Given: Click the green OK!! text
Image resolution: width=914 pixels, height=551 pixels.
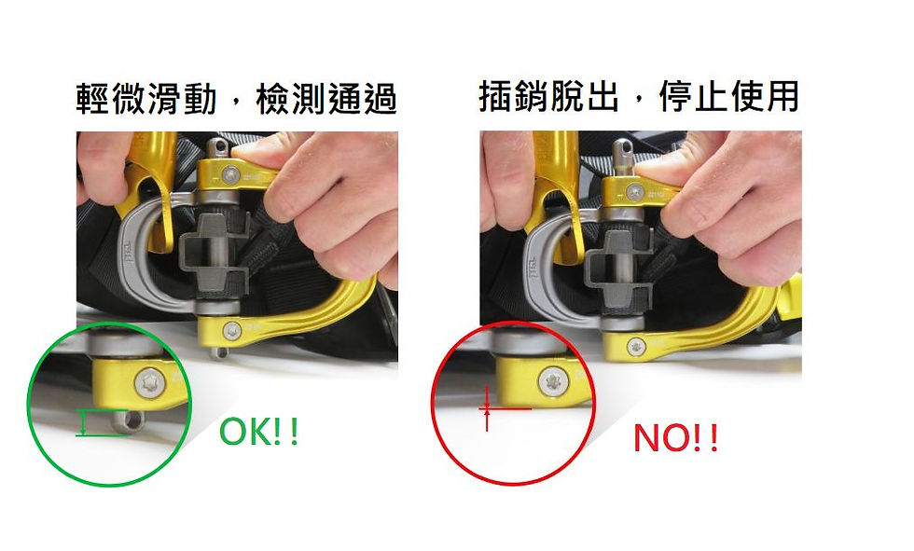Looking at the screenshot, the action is tap(259, 432).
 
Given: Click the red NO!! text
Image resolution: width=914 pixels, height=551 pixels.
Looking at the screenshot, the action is tap(675, 438).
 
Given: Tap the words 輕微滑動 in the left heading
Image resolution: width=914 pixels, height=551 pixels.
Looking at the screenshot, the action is tap(145, 99).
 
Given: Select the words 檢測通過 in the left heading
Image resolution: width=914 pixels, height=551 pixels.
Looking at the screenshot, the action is tap(326, 99).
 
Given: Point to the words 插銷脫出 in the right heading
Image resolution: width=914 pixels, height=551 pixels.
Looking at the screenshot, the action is tap(548, 96).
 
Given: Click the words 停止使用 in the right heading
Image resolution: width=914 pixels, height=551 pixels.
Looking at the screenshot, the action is tap(728, 96).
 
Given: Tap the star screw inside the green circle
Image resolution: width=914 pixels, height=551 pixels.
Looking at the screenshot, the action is tap(147, 384).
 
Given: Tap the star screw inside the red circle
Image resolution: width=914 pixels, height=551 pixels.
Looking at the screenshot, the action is tap(551, 381).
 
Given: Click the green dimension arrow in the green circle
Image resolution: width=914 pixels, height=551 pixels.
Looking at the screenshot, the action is tap(84, 422).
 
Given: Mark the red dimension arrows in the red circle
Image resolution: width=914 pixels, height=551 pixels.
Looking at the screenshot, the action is tap(487, 408).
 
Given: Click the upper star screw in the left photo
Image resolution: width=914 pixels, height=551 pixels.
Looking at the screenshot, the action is tap(231, 173).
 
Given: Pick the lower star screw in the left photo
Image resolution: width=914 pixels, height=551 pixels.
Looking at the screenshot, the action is tap(232, 331).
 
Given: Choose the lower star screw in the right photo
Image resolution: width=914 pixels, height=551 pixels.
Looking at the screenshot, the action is tap(636, 347).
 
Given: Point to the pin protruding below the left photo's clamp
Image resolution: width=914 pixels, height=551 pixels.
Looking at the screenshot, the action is tap(219, 351).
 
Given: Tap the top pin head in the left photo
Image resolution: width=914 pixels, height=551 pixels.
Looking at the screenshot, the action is tap(219, 147).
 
